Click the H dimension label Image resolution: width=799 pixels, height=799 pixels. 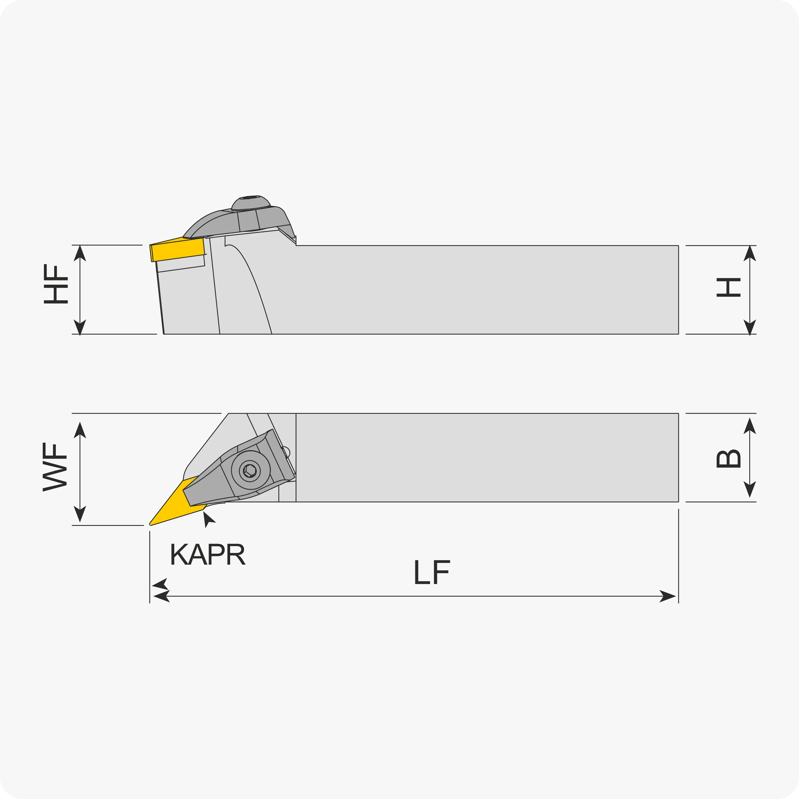click(x=728, y=287)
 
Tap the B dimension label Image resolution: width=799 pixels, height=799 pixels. click(x=728, y=459)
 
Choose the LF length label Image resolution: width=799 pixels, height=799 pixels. click(x=432, y=572)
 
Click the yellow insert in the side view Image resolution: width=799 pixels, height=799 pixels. click(x=178, y=249)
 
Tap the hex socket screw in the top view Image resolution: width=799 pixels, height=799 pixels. click(x=250, y=471)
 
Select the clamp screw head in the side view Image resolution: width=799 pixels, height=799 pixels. click(x=251, y=203)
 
